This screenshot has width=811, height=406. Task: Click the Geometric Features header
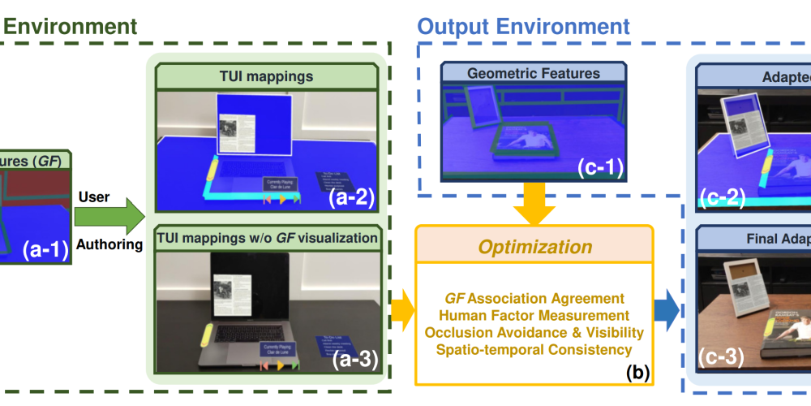(x=534, y=73)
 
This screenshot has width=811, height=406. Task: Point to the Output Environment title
(x=524, y=25)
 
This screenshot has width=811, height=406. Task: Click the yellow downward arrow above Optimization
(x=534, y=203)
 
